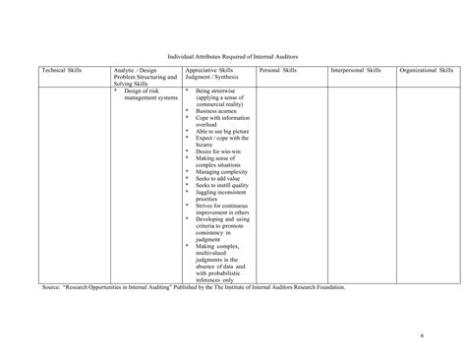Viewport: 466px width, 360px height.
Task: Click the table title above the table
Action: pyautogui.click(x=232, y=58)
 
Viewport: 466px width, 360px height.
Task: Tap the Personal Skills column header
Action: pyautogui.click(x=277, y=72)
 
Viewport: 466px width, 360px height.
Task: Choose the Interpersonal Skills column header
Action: pyautogui.click(x=356, y=72)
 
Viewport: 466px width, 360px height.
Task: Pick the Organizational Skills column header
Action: pyautogui.click(x=427, y=72)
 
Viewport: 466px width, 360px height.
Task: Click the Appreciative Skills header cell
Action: pyautogui.click(x=217, y=75)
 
